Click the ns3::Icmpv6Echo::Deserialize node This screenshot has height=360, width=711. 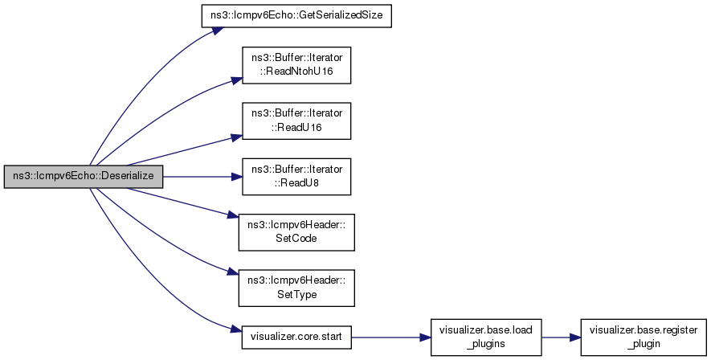pyautogui.click(x=84, y=177)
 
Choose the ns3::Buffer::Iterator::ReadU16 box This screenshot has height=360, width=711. pyautogui.click(x=295, y=121)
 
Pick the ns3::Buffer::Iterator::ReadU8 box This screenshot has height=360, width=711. pyautogui.click(x=295, y=177)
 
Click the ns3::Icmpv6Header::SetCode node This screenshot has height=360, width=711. pyautogui.click(x=295, y=232)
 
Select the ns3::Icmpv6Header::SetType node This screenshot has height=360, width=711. pyautogui.click(x=295, y=288)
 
